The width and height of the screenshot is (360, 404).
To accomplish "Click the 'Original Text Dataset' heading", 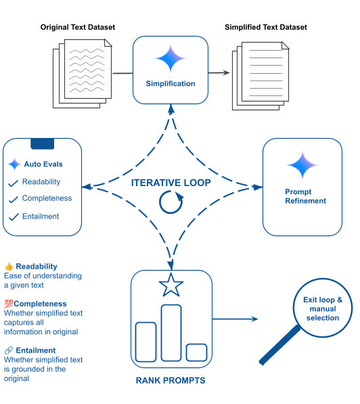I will (78, 27).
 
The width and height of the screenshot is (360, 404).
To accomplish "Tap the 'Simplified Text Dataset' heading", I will (265, 27).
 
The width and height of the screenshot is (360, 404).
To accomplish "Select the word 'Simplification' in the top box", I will (171, 84).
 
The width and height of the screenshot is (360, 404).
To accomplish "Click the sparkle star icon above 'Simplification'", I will (171, 58).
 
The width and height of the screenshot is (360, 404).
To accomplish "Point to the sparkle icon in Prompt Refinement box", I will (302, 165).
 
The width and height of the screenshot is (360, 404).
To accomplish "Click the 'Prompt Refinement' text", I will (305, 196).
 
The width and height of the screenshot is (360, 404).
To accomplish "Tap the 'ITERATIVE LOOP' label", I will (171, 183).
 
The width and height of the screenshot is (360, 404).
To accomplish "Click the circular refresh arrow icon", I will (171, 202).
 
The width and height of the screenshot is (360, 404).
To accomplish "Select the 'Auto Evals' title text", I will (43, 164).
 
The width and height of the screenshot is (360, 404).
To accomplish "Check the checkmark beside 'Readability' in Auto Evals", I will (12, 183).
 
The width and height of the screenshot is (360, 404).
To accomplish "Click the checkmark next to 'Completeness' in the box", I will (12, 200).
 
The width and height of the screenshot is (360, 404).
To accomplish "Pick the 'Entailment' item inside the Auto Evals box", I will (41, 217).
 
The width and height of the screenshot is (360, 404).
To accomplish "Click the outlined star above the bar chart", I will (171, 286).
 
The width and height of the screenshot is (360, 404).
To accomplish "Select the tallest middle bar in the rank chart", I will (171, 332).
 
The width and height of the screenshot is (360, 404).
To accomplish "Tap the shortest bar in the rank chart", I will (196, 352).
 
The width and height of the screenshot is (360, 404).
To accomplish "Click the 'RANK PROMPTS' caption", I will (171, 380).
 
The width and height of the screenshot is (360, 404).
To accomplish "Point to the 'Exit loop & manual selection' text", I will (322, 309).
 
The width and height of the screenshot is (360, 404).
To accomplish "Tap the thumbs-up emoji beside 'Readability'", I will (9, 267).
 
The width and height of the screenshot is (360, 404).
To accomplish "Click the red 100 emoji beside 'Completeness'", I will (9, 304).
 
